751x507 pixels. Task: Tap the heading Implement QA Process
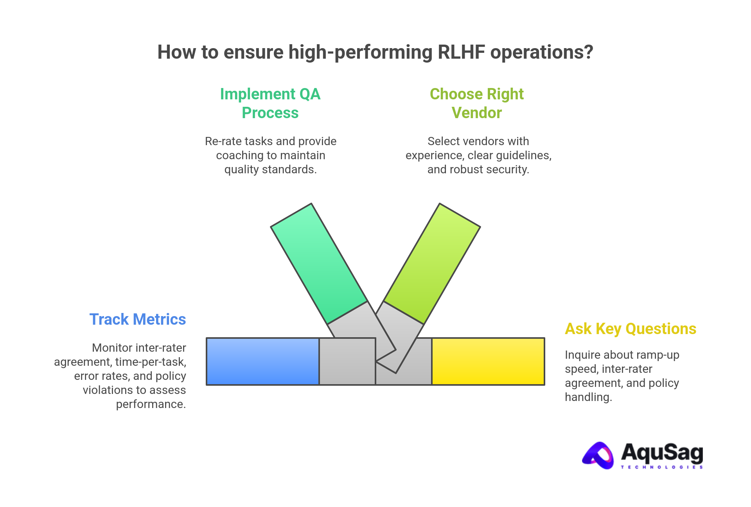pyautogui.click(x=270, y=103)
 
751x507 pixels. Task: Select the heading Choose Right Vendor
pyautogui.click(x=476, y=103)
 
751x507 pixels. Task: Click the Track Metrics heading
pyautogui.click(x=138, y=319)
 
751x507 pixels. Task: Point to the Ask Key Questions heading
pyautogui.click(x=631, y=329)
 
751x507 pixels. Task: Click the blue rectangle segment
pyautogui.click(x=262, y=361)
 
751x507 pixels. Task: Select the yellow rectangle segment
pyautogui.click(x=488, y=361)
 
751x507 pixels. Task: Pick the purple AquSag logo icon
pyautogui.click(x=598, y=455)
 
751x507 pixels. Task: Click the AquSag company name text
pyautogui.click(x=662, y=452)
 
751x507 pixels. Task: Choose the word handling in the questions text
pyautogui.click(x=588, y=397)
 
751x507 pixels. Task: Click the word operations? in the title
pyautogui.click(x=542, y=52)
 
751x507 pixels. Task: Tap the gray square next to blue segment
pyautogui.click(x=347, y=361)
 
